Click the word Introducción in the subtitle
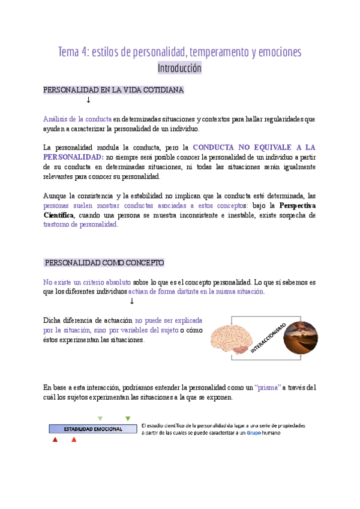coord(179,68)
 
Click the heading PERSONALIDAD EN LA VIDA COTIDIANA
coord(113,90)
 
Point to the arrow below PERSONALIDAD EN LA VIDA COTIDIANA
coord(88,100)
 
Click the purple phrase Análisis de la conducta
coord(77,119)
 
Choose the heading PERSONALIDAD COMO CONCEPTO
coord(104,263)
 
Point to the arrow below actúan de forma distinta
coord(131,301)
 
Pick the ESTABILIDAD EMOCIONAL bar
coord(93,429)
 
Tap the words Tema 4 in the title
coord(72,52)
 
